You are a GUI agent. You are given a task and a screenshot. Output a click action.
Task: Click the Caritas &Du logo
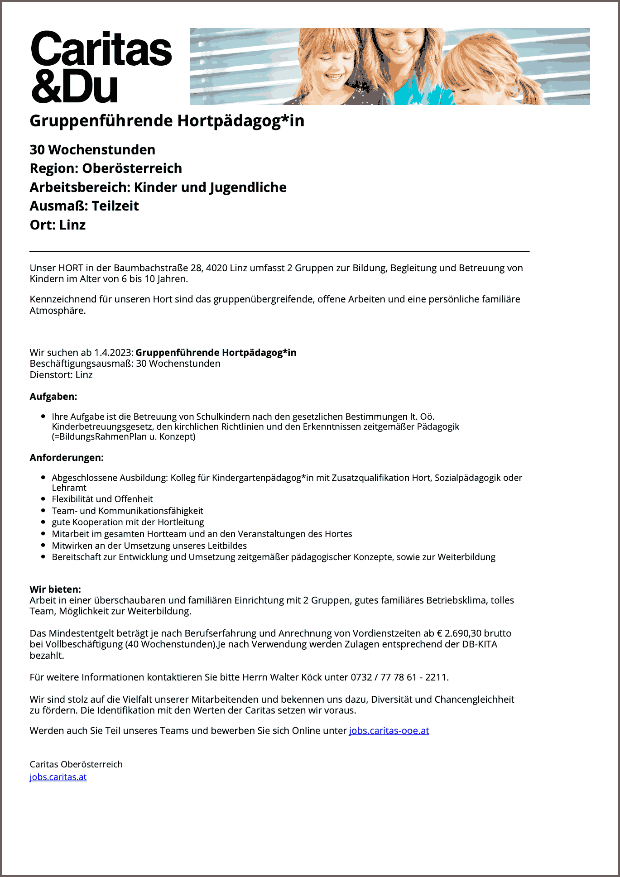101,67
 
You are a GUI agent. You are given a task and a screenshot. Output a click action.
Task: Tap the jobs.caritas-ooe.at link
389,730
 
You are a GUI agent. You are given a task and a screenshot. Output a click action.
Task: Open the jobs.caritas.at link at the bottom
58,777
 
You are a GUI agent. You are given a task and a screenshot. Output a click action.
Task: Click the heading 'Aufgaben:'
53,397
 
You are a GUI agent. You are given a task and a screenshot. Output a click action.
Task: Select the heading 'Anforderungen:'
67,458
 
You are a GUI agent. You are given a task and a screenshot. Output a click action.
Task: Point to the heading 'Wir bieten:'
55,589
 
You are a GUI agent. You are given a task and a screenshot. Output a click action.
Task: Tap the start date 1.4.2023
113,353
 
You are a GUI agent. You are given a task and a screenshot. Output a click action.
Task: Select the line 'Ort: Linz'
58,225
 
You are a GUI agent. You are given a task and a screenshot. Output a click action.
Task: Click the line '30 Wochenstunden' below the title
92,150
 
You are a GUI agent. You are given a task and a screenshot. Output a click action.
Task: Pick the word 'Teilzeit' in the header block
115,206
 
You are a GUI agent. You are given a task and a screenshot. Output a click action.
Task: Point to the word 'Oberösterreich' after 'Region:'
132,168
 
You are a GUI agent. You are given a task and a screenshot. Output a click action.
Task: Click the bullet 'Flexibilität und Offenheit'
102,499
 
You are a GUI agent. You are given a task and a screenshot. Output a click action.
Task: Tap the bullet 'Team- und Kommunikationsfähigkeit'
127,511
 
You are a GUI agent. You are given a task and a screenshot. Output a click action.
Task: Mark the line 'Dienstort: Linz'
61,375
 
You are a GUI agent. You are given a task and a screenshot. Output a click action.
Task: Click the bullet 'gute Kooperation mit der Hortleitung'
128,522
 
